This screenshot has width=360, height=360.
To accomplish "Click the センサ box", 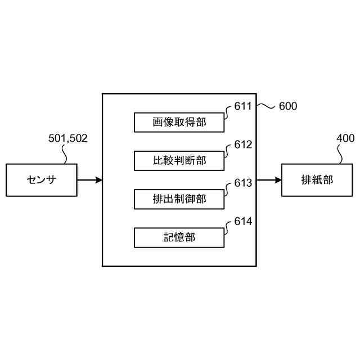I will point(42,180).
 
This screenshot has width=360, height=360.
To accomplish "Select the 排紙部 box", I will point(317,180).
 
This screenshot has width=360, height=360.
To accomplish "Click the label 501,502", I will point(68,138).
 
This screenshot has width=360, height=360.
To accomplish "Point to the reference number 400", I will point(345,138).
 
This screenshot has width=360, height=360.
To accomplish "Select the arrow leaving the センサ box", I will point(89,180).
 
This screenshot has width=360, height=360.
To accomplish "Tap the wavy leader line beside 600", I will point(267,106).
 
